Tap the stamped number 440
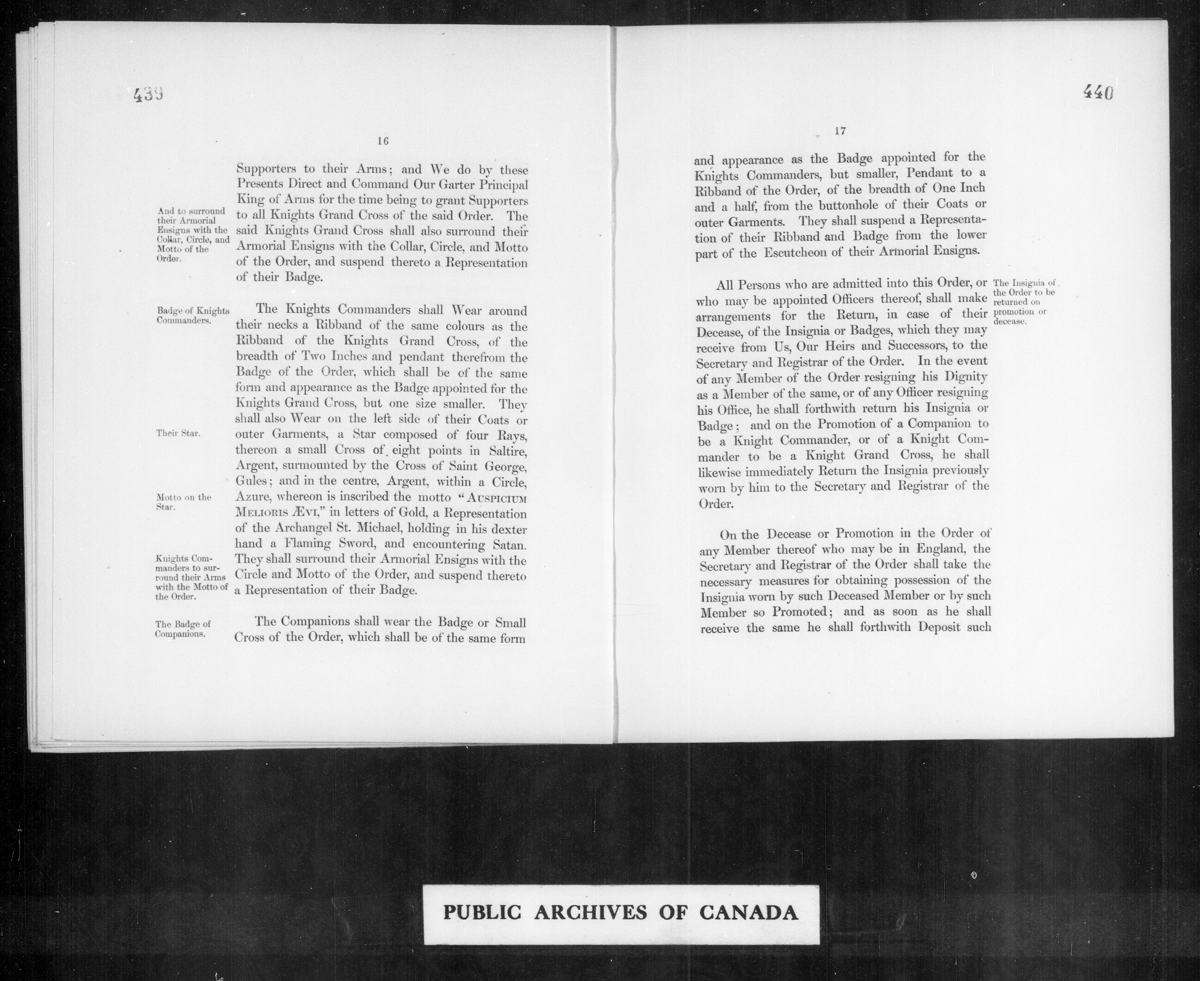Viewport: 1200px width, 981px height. click(1098, 92)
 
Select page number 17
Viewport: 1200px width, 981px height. click(839, 131)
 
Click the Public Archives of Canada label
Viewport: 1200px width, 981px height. click(621, 913)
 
